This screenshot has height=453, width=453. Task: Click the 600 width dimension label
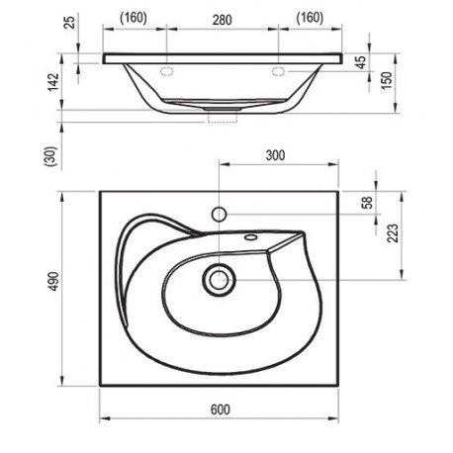(x=221, y=409)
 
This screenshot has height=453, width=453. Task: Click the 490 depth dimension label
(x=53, y=281)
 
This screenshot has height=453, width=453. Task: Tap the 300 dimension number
(x=275, y=155)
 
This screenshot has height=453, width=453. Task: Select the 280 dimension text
(x=222, y=20)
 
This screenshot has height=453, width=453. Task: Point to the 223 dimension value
(x=393, y=233)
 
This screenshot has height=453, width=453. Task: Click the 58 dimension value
(x=367, y=203)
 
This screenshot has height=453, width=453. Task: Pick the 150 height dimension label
(x=387, y=80)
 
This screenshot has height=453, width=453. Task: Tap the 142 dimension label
(x=53, y=82)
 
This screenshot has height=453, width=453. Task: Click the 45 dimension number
(x=362, y=62)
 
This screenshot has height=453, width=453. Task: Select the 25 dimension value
(x=70, y=21)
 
